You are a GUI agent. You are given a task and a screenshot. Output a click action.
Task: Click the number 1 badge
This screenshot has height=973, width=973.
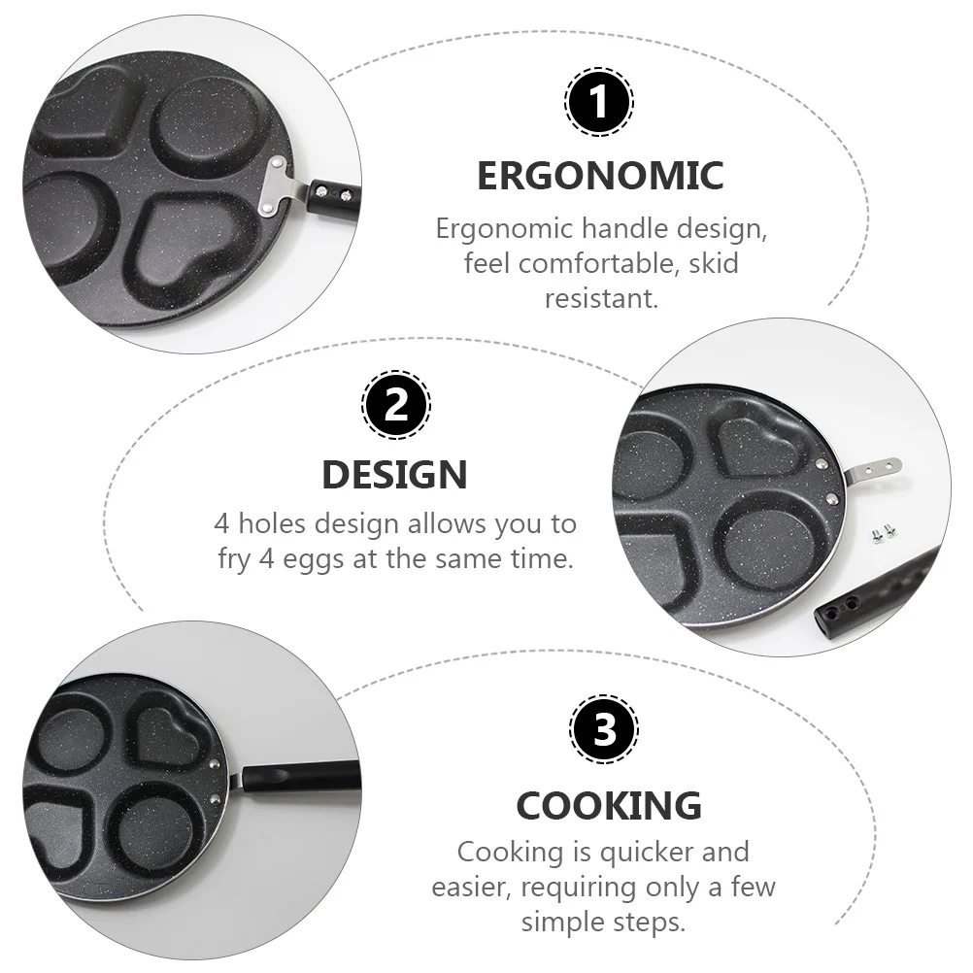pos(599,101)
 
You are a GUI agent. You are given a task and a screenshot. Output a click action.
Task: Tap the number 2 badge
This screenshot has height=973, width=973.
pos(395,404)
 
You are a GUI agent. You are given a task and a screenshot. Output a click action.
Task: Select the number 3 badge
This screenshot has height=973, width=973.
pos(604,730)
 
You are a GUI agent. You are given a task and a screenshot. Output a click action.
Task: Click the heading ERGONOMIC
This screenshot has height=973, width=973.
pos(600,176)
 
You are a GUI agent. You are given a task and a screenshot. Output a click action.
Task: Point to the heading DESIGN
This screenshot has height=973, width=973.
pos(394,475)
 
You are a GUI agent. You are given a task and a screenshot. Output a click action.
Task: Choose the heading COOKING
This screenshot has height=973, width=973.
pos(609,806)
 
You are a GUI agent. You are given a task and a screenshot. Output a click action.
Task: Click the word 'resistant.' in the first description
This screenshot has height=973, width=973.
pos(601,297)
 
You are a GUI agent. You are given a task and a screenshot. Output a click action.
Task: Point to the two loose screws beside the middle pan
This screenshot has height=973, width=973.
pos(882,531)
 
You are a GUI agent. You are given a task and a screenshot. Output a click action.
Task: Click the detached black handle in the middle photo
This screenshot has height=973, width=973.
pos(874,593)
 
